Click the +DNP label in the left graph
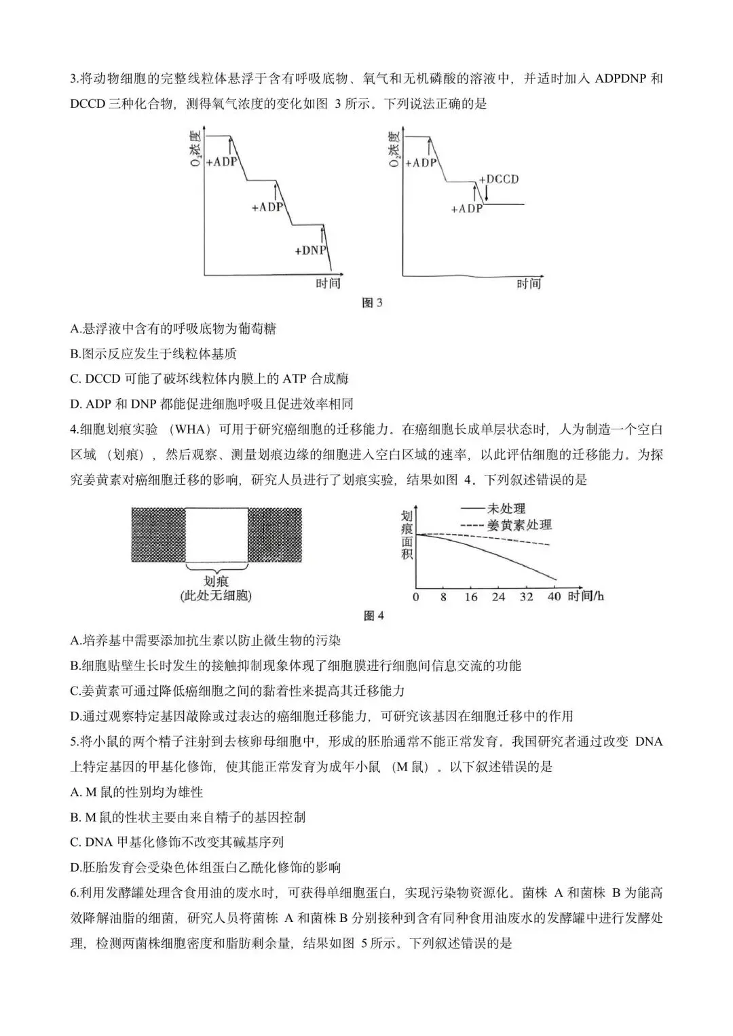point(311,250)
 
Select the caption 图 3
point(372,302)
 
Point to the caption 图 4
point(374,615)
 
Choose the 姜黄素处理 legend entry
point(519,524)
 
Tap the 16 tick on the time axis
point(471,597)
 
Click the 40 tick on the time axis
point(554,597)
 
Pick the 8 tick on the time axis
point(443,597)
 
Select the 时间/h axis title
point(586,596)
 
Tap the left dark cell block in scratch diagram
point(157,535)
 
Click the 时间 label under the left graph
point(328,283)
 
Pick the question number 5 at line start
point(74,742)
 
